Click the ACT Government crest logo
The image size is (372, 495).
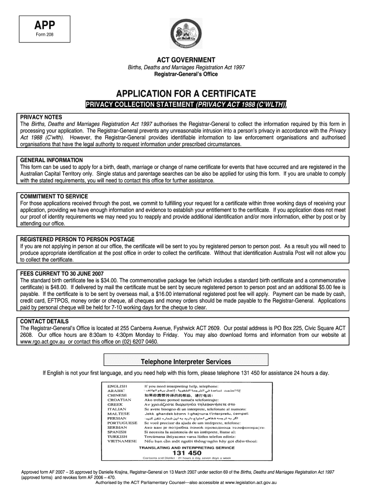[186, 34]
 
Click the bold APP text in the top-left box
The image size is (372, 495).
[44, 26]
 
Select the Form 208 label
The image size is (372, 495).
[44, 36]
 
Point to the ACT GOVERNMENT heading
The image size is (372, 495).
[186, 59]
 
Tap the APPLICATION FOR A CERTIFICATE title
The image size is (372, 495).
[186, 93]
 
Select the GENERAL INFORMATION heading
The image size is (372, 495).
[51, 160]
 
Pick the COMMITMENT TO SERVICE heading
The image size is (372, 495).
[54, 196]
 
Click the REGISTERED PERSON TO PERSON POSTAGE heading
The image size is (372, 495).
[77, 239]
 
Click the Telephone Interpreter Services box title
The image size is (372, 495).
[186, 362]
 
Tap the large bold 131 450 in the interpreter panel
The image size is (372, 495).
[186, 452]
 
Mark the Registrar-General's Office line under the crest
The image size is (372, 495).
[186, 74]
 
